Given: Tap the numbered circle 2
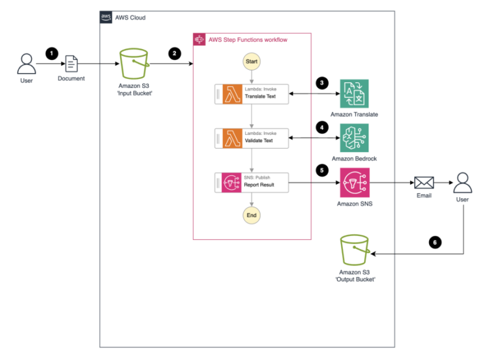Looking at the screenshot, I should [x=174, y=53].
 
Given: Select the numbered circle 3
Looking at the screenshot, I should [x=321, y=83].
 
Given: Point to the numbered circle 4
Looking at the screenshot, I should [x=321, y=127].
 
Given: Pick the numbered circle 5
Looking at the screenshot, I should [x=321, y=170].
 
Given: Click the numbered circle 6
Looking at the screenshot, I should [x=435, y=243].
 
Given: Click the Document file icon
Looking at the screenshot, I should [x=71, y=64].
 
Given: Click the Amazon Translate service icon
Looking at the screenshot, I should [x=354, y=94].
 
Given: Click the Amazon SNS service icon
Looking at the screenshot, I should [x=354, y=183].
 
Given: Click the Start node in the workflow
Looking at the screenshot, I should [x=251, y=61].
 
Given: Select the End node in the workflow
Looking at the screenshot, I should [x=251, y=216].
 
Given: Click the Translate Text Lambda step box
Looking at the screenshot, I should [x=251, y=95].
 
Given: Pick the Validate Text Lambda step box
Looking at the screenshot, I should [x=251, y=138].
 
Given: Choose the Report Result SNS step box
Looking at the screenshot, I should [x=251, y=183].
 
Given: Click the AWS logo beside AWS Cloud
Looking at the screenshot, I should [x=106, y=17].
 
